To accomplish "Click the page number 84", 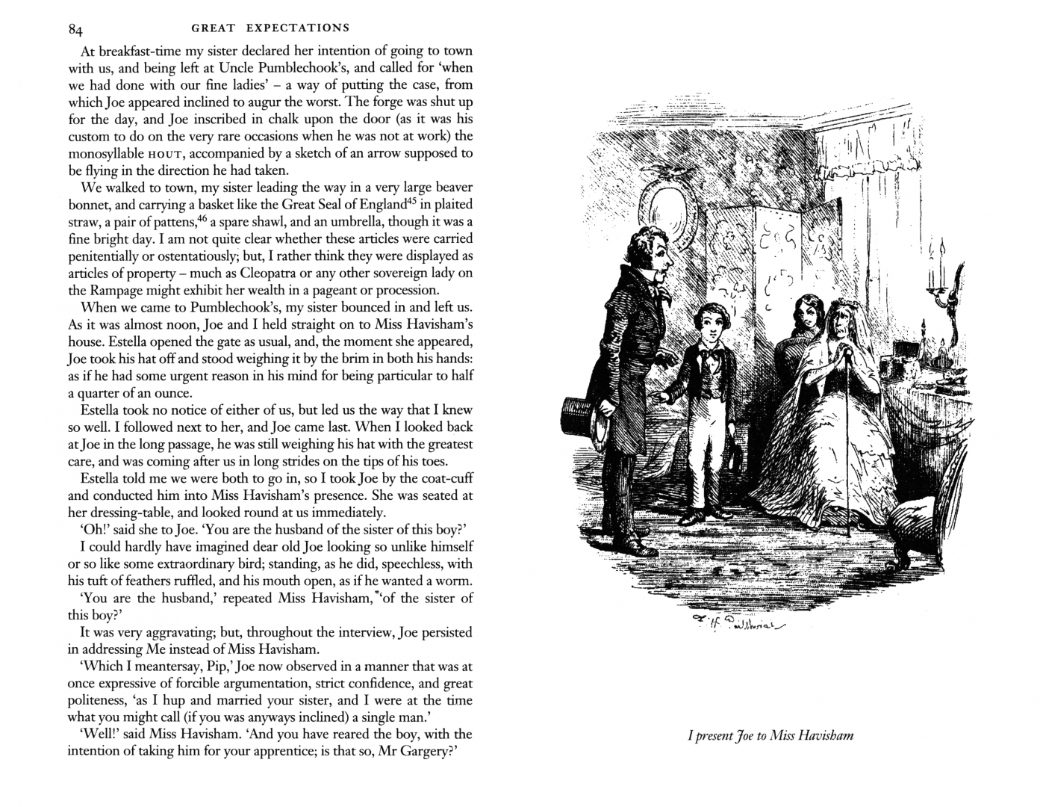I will pyautogui.click(x=75, y=29).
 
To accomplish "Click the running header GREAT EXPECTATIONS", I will pyautogui.click(x=270, y=28).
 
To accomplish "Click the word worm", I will pyautogui.click(x=454, y=581).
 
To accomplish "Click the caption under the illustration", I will pyautogui.click(x=770, y=735).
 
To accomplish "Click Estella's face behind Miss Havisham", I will pyautogui.click(x=807, y=312).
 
